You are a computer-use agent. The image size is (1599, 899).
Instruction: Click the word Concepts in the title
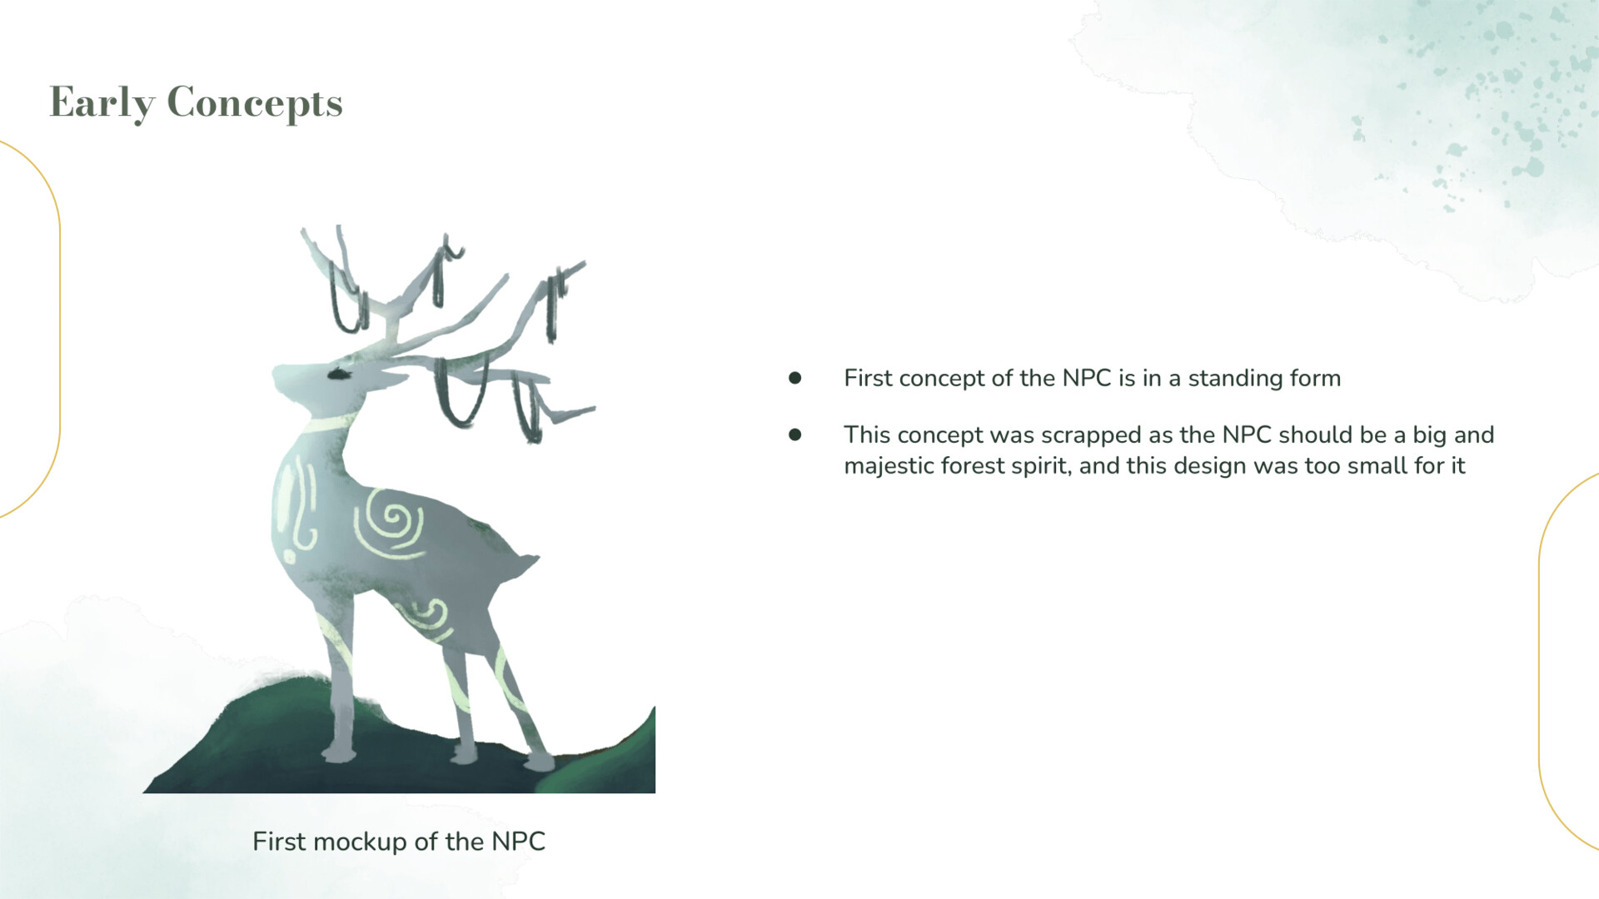click(x=255, y=103)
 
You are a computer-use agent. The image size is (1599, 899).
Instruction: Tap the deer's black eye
click(x=337, y=374)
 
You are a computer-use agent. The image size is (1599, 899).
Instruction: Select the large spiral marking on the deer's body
click(x=389, y=523)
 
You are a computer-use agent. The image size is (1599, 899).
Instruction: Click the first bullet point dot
click(x=795, y=379)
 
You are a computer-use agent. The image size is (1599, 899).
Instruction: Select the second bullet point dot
click(x=795, y=435)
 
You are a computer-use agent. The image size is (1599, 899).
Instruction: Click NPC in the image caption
click(x=518, y=842)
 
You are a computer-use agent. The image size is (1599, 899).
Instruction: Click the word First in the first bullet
click(x=868, y=379)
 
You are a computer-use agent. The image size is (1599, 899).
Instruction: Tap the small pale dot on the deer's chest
click(x=290, y=556)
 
